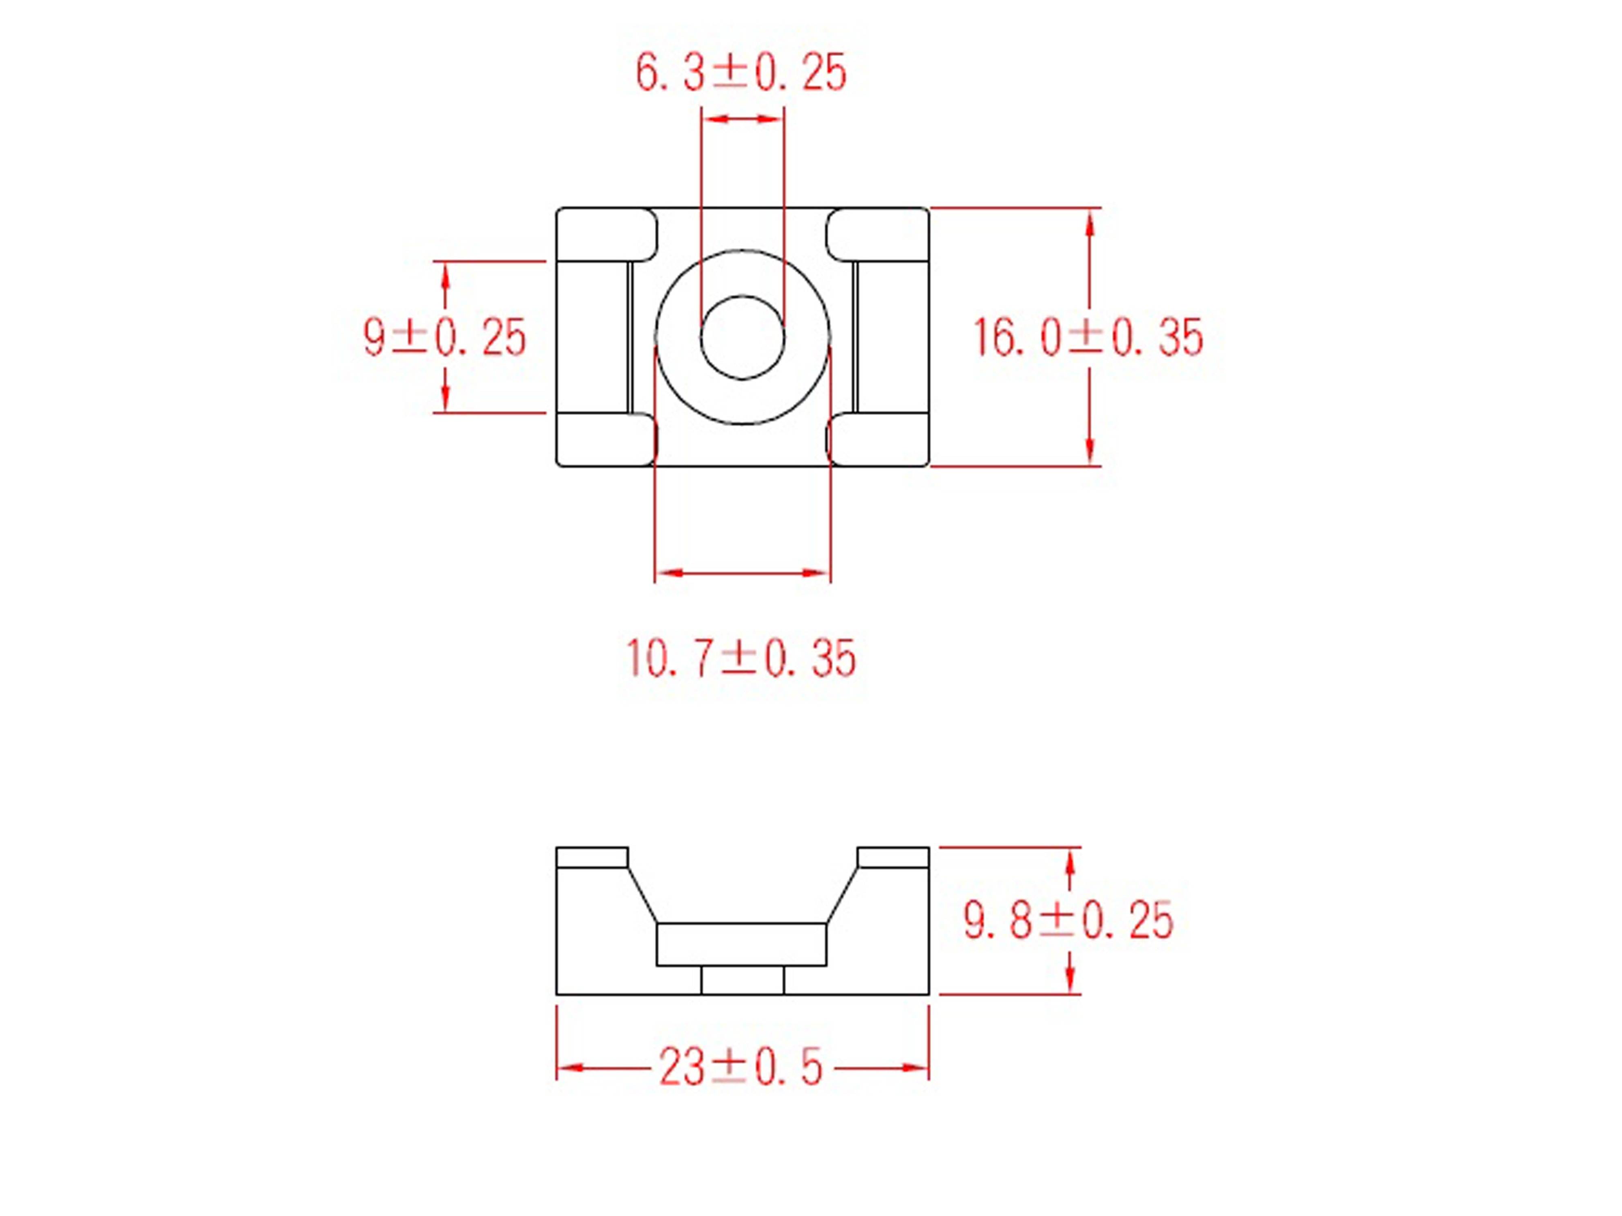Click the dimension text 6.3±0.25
740,73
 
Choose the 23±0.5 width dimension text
740,1067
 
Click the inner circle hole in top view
743,337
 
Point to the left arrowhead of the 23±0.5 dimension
571,1068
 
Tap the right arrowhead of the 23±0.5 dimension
915,1068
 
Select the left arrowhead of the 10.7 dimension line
669,572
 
